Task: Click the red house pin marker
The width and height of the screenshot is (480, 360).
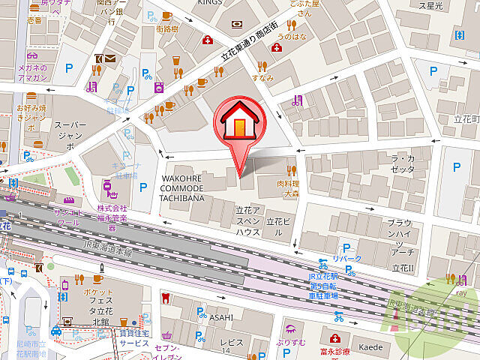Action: click(x=239, y=123)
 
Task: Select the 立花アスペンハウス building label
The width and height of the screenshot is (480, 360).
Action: click(x=247, y=222)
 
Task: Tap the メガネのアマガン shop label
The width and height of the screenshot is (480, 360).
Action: click(x=32, y=73)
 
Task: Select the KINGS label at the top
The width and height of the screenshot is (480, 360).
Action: click(x=210, y=3)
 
